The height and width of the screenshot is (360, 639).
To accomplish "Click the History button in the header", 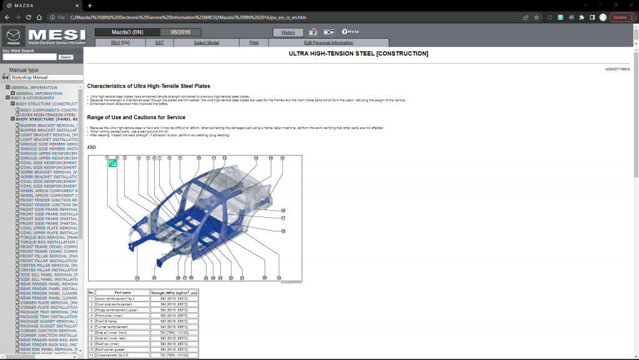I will pos(288,32).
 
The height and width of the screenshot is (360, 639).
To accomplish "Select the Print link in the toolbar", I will pos(254,42).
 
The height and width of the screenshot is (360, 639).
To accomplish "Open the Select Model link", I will pos(206,42).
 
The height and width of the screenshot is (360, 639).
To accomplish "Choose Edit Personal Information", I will pos(328,42).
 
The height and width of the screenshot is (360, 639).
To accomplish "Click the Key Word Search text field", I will pos(29,57).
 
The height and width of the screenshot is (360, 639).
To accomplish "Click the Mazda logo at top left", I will pos(13,36).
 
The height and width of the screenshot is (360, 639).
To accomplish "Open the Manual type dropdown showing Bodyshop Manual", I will pos(46,77).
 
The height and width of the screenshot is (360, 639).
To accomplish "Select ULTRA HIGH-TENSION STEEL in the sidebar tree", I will pos(49,115).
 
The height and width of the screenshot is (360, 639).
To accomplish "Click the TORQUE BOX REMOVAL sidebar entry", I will pos(49,237).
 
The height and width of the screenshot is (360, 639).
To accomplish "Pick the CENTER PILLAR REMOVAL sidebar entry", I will pos(49,265).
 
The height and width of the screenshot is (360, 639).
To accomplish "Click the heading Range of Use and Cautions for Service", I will pos(136,117).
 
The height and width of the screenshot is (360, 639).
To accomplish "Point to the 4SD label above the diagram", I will pos(92,148).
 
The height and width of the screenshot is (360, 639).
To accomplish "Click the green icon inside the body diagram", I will pos(113,163).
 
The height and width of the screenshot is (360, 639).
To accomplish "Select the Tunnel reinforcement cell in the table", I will pos(118,327).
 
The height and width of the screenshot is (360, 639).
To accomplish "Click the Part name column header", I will pos(122,292).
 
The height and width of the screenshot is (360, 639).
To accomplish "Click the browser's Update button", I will pos(622,17).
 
